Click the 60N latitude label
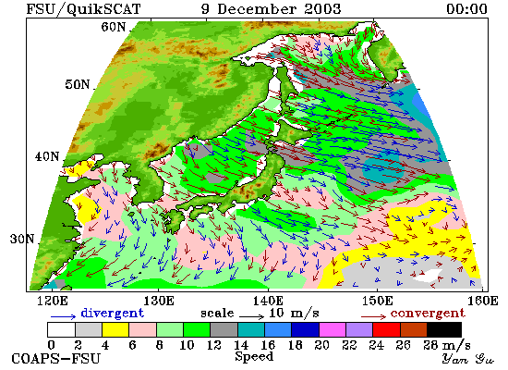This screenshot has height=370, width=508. point(113,27)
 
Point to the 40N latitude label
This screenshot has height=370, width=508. point(47,156)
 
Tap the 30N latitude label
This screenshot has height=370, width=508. point(22,239)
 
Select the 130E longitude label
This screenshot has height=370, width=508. point(159,301)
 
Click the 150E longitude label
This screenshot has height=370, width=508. point(378,301)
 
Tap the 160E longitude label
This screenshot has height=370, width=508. point(483,301)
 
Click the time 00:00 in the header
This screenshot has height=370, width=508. point(466,8)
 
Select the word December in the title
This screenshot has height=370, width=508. point(257,8)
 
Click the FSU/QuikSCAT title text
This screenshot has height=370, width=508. point(83,9)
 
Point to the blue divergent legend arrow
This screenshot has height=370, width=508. point(63,316)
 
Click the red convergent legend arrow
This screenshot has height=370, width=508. point(373,316)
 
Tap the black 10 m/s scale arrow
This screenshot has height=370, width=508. point(252,316)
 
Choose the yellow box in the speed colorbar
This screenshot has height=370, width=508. point(115,329)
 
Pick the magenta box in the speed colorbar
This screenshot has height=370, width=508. point(333,329)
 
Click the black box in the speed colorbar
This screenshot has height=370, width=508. point(444,329)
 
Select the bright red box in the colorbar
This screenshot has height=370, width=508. point(386,329)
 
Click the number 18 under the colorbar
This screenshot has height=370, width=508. point(295,345)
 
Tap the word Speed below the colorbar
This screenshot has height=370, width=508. point(254,357)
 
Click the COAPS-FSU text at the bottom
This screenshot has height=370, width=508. point(56,359)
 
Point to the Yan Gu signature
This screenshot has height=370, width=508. point(468,359)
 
